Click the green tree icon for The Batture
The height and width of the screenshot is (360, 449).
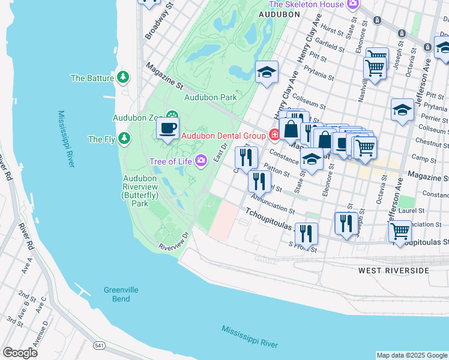[123, 77]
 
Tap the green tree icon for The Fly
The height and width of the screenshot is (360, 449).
[124, 139]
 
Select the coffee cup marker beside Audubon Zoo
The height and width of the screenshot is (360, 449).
[168, 127]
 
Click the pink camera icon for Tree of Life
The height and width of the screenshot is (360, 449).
[200, 160]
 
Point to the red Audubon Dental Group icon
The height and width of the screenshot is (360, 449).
[274, 135]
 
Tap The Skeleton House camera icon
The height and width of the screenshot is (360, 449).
[353, 5]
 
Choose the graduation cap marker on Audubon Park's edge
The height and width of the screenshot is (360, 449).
[267, 73]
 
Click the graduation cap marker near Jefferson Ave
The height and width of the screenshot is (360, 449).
[402, 110]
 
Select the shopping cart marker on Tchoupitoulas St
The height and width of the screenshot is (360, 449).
[400, 231]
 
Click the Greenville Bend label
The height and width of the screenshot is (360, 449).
[121, 294]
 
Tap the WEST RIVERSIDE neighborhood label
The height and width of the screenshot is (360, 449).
[394, 271]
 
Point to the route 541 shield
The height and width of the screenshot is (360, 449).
[100, 346]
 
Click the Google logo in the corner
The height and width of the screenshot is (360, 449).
[20, 353]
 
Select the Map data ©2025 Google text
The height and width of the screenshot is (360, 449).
[411, 355]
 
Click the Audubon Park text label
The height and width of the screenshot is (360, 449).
[210, 97]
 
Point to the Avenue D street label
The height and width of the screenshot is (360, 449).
[43, 334]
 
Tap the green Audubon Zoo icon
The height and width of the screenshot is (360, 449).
[172, 115]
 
